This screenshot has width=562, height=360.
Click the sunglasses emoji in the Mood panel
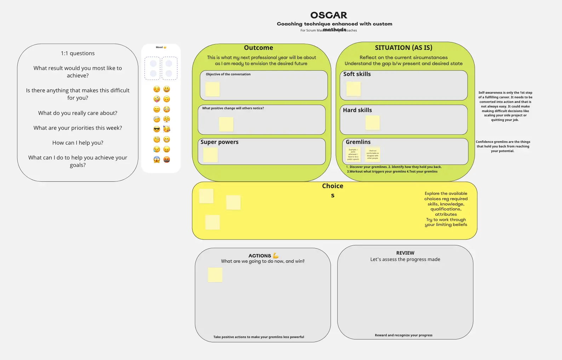click(157, 129)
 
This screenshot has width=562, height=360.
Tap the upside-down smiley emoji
click(167, 99)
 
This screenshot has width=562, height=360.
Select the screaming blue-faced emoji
click(157, 159)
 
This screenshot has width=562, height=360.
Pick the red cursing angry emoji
click(167, 159)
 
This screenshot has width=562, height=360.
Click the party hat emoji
click(167, 129)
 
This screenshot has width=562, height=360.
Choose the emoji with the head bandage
click(157, 120)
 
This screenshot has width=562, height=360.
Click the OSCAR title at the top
click(329, 15)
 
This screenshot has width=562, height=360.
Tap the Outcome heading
click(258, 48)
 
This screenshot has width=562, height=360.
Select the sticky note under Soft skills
click(354, 89)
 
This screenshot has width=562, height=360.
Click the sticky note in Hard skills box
click(373, 123)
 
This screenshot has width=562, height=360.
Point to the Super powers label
click(219, 142)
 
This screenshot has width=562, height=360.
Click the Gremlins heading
click(358, 142)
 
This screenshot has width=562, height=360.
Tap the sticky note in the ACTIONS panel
click(215, 275)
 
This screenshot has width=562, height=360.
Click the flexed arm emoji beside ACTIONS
click(276, 256)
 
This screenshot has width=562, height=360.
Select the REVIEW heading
click(405, 253)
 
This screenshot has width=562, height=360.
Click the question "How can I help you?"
click(78, 143)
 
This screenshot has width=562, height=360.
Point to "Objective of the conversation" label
click(228, 74)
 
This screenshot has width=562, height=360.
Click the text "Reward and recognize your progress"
click(403, 335)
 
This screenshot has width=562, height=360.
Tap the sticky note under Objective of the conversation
click(213, 89)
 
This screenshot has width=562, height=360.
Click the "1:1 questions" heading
click(78, 53)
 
